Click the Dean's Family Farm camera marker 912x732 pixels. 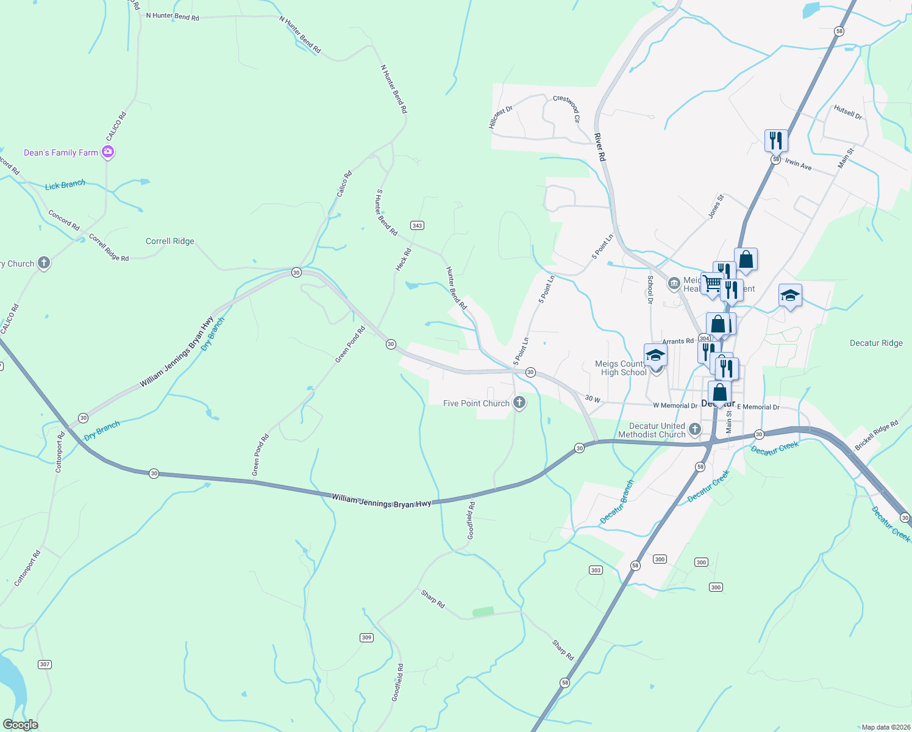point(108,152)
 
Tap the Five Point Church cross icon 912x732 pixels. point(519,403)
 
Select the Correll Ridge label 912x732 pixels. point(169,242)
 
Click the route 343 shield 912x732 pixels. point(417,226)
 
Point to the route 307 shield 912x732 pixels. point(45,664)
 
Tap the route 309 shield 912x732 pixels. point(366,637)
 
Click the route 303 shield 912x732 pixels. point(596,570)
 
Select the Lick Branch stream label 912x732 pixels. point(65,185)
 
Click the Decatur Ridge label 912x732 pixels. point(876,343)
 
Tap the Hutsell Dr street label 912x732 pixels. point(848,112)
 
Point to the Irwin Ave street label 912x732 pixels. point(798,163)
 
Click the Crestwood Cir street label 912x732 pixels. point(566,108)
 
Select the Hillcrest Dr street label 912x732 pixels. point(501,117)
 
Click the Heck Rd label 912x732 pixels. point(404,259)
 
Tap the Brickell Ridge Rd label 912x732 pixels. point(877,436)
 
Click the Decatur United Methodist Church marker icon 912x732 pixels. point(694,430)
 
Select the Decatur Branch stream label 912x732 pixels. point(617,501)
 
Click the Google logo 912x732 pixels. point(21,725)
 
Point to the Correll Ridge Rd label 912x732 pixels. point(109,248)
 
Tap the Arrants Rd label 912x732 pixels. point(678,342)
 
